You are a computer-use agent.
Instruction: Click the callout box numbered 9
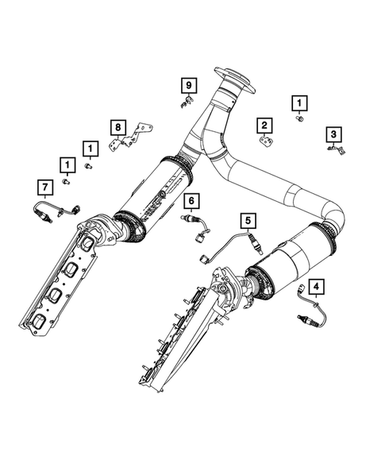click(188, 84)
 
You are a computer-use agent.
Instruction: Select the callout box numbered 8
click(117, 126)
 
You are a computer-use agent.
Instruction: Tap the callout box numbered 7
click(45, 187)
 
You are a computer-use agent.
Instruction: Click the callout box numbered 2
click(264, 124)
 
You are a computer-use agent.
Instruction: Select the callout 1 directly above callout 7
click(67, 164)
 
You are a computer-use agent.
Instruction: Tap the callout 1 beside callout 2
click(299, 102)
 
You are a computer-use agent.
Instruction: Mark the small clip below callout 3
click(335, 149)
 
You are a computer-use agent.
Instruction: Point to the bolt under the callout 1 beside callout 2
click(301, 118)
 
